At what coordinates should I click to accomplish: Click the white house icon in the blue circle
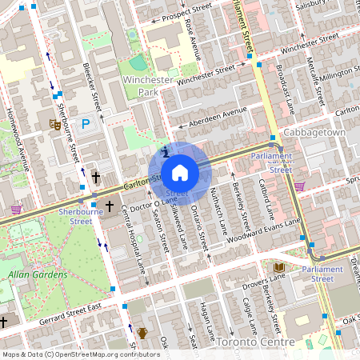pos(180,172)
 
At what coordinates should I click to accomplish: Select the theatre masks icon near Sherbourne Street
pos(55,123)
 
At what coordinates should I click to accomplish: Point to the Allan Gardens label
pos(33,274)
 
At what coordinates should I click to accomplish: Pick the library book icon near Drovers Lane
pos(278,266)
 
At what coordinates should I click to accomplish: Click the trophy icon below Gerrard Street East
pos(142,332)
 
